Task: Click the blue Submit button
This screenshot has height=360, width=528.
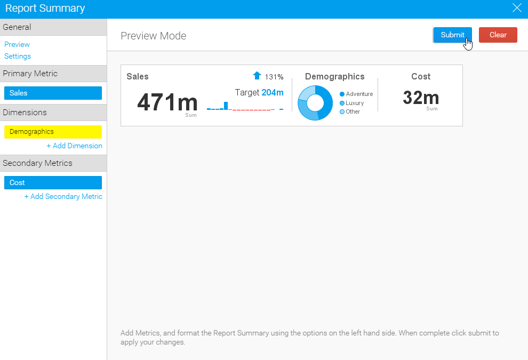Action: click(x=452, y=35)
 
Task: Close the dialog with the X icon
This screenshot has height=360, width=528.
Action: click(x=516, y=8)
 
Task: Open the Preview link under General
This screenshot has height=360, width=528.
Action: click(x=17, y=44)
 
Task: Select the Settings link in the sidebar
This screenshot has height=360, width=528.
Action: click(x=18, y=56)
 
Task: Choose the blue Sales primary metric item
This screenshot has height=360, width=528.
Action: click(x=53, y=93)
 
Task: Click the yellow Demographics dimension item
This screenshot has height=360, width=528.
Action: click(x=53, y=132)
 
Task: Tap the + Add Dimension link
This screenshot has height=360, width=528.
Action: click(x=74, y=146)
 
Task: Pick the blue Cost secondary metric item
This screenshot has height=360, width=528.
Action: click(x=53, y=182)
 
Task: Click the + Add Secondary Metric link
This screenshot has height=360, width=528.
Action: click(x=63, y=196)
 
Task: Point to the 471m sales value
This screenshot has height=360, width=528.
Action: click(x=167, y=102)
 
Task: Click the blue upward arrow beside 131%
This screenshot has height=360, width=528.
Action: click(x=257, y=76)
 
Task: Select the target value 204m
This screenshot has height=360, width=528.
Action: click(x=273, y=92)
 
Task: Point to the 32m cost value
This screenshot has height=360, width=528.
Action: click(x=421, y=98)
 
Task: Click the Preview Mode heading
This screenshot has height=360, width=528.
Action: click(x=154, y=36)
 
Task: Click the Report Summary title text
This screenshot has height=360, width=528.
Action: click(x=45, y=9)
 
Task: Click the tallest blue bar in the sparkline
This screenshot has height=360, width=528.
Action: click(x=226, y=106)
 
